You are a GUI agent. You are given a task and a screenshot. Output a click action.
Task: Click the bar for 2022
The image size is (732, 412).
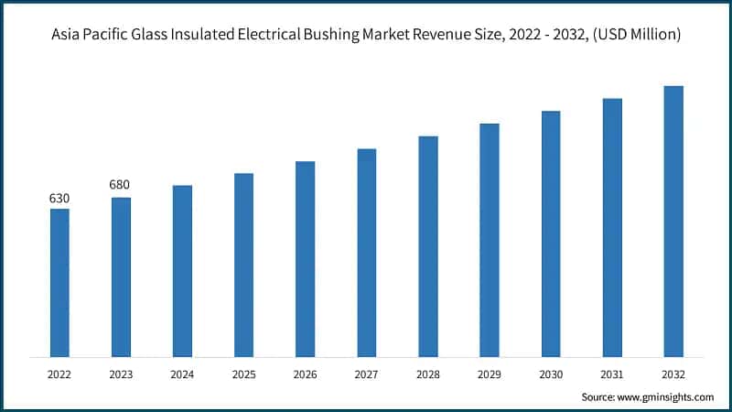[59, 282]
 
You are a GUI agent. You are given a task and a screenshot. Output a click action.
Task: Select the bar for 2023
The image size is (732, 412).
[121, 276]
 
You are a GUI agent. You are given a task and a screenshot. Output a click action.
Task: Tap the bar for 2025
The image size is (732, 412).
[243, 265]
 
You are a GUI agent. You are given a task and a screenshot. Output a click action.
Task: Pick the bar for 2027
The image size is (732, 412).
[366, 252]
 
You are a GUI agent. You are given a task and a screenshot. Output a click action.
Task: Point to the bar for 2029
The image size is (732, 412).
[490, 240]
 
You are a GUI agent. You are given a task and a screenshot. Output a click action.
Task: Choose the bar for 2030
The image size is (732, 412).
[551, 233]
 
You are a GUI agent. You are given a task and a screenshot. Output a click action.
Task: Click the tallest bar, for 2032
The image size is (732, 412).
[673, 221]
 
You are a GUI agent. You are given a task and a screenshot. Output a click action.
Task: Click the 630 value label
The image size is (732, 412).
[59, 199]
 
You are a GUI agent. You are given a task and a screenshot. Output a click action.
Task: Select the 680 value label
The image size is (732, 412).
[121, 186]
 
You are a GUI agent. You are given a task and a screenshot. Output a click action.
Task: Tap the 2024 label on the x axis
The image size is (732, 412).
[182, 374]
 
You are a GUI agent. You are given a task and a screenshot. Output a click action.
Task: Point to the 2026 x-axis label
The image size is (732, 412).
[305, 374]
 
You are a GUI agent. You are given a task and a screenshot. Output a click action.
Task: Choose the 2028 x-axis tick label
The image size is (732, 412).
[428, 374]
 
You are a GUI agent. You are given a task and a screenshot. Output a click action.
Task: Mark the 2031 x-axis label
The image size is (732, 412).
[612, 374]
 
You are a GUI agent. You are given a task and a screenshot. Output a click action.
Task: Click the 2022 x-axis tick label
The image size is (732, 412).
[59, 374]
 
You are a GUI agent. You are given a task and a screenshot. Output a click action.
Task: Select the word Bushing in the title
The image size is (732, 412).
[363, 34]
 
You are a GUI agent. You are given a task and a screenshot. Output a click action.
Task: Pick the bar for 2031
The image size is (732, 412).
[612, 227]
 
